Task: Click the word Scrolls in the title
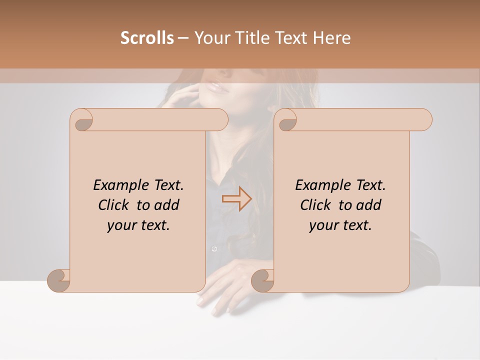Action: [x=147, y=38]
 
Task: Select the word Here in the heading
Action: [x=331, y=38]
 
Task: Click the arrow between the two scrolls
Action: [x=236, y=199]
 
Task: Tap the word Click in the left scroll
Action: [x=115, y=205]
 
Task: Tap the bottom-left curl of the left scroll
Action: [x=58, y=280]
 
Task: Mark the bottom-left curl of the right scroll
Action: [x=262, y=280]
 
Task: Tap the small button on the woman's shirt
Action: [x=214, y=248]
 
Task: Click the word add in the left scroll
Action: [x=167, y=205]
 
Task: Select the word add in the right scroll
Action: [x=369, y=205]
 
